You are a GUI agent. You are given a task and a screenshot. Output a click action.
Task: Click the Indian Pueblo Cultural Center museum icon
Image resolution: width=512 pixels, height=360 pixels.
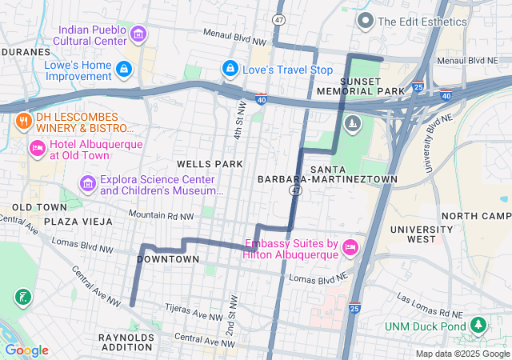138,34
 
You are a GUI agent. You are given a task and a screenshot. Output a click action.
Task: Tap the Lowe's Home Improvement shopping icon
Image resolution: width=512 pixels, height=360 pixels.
123,70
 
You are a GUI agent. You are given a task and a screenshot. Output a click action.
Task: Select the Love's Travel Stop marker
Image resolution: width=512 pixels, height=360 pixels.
230,70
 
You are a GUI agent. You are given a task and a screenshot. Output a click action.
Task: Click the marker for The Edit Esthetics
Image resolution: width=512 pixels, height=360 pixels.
366,20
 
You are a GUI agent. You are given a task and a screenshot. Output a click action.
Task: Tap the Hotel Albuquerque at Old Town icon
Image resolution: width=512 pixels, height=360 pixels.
37,148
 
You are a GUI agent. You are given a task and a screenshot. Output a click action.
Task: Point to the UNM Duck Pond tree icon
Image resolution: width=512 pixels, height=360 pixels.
478,326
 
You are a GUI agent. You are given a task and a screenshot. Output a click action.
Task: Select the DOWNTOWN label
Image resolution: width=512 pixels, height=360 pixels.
168,259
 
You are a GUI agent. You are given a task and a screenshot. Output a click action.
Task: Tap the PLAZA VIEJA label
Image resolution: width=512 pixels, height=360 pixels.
76,221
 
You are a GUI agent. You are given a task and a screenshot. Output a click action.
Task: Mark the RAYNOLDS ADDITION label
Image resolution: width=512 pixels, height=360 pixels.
126,343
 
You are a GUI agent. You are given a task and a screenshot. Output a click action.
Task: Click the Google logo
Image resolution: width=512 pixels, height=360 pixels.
26,350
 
